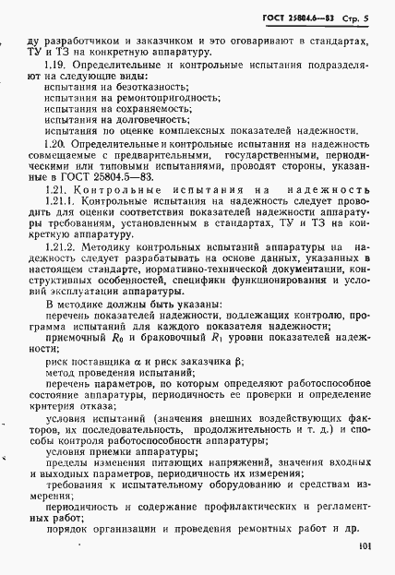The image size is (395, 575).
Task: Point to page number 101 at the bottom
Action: (365, 547)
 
